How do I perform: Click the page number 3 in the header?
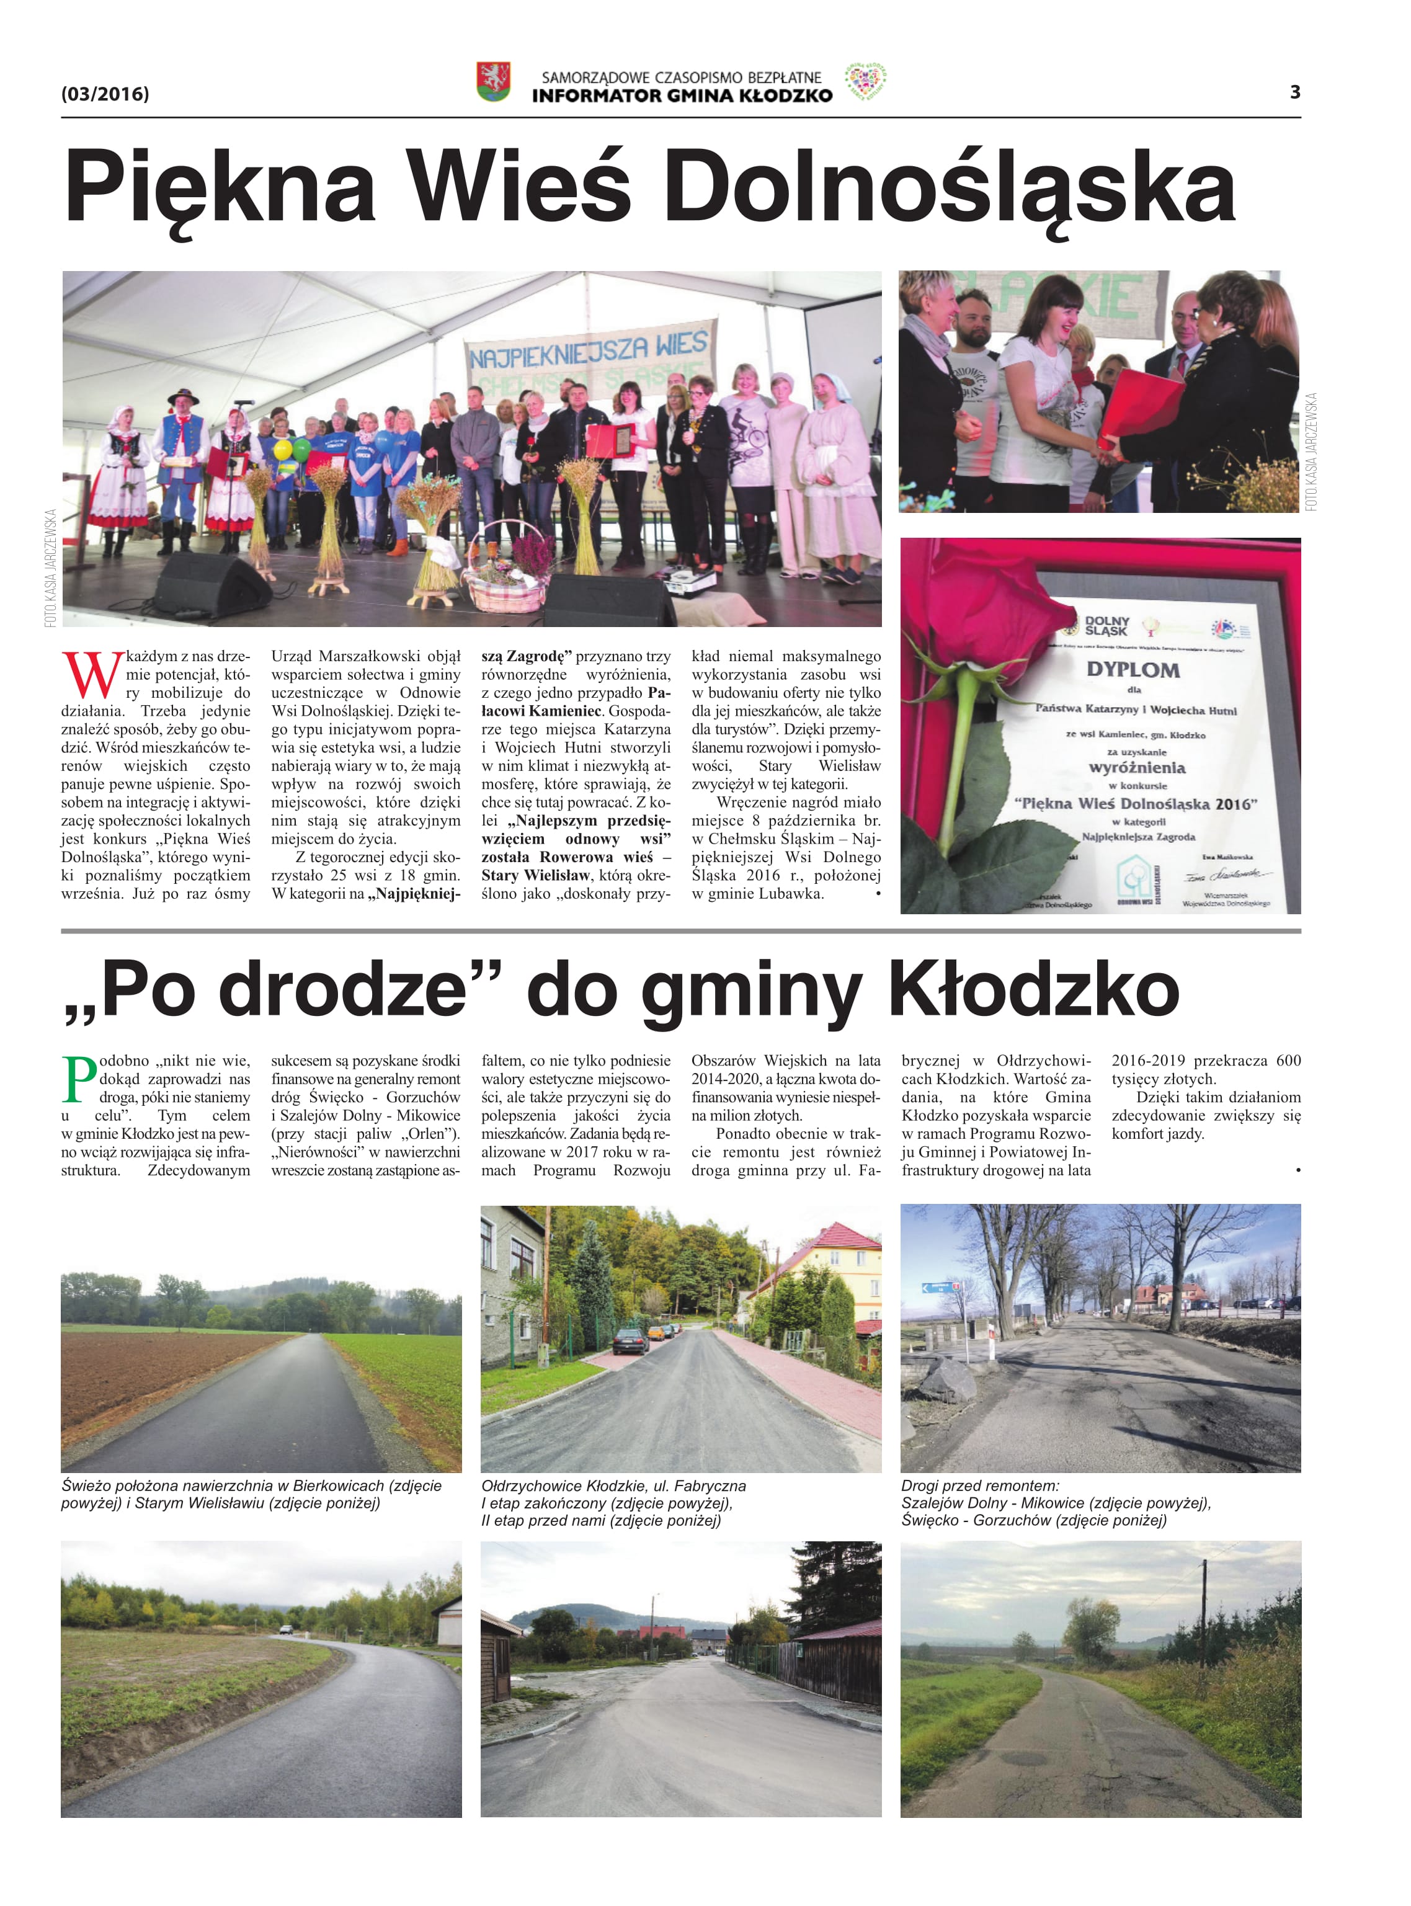(x=1295, y=92)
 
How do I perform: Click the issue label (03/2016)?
(x=105, y=94)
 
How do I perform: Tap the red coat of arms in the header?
(x=493, y=82)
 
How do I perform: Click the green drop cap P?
(x=79, y=1079)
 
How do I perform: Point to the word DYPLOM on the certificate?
(x=1133, y=669)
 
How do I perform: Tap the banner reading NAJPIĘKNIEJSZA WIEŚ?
(x=589, y=350)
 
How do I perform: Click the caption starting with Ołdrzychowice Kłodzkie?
(x=613, y=1486)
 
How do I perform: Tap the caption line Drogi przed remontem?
(x=980, y=1486)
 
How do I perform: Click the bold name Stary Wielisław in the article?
(x=535, y=875)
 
